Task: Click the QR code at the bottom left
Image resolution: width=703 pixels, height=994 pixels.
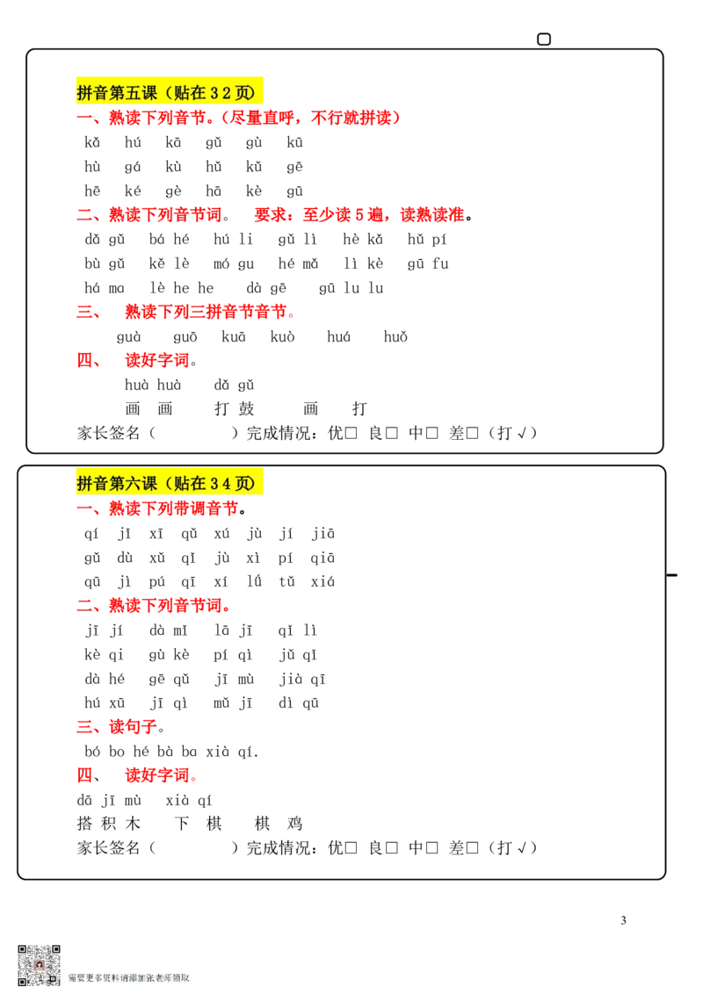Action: [39, 965]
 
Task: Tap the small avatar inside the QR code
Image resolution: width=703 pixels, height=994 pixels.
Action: [39, 965]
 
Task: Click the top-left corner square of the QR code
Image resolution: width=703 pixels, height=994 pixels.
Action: [23, 950]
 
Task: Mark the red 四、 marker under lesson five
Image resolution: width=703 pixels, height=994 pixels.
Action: [87, 360]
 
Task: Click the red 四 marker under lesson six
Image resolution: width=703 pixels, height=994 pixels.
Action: [84, 776]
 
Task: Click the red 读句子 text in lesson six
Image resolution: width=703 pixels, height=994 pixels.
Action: [132, 727]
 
